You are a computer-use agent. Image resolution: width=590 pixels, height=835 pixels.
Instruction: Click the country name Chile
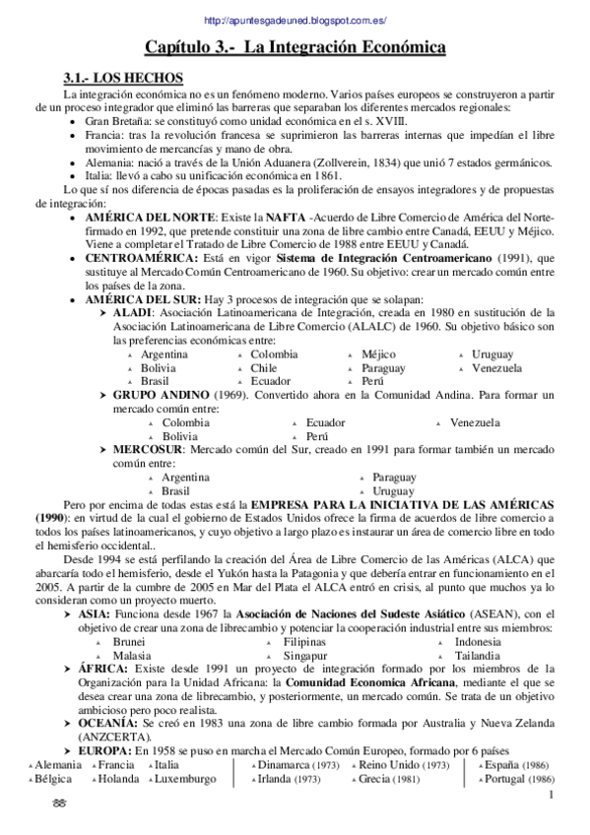pyautogui.click(x=263, y=367)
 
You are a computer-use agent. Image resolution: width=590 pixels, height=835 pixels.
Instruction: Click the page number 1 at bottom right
pyautogui.click(x=552, y=796)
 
